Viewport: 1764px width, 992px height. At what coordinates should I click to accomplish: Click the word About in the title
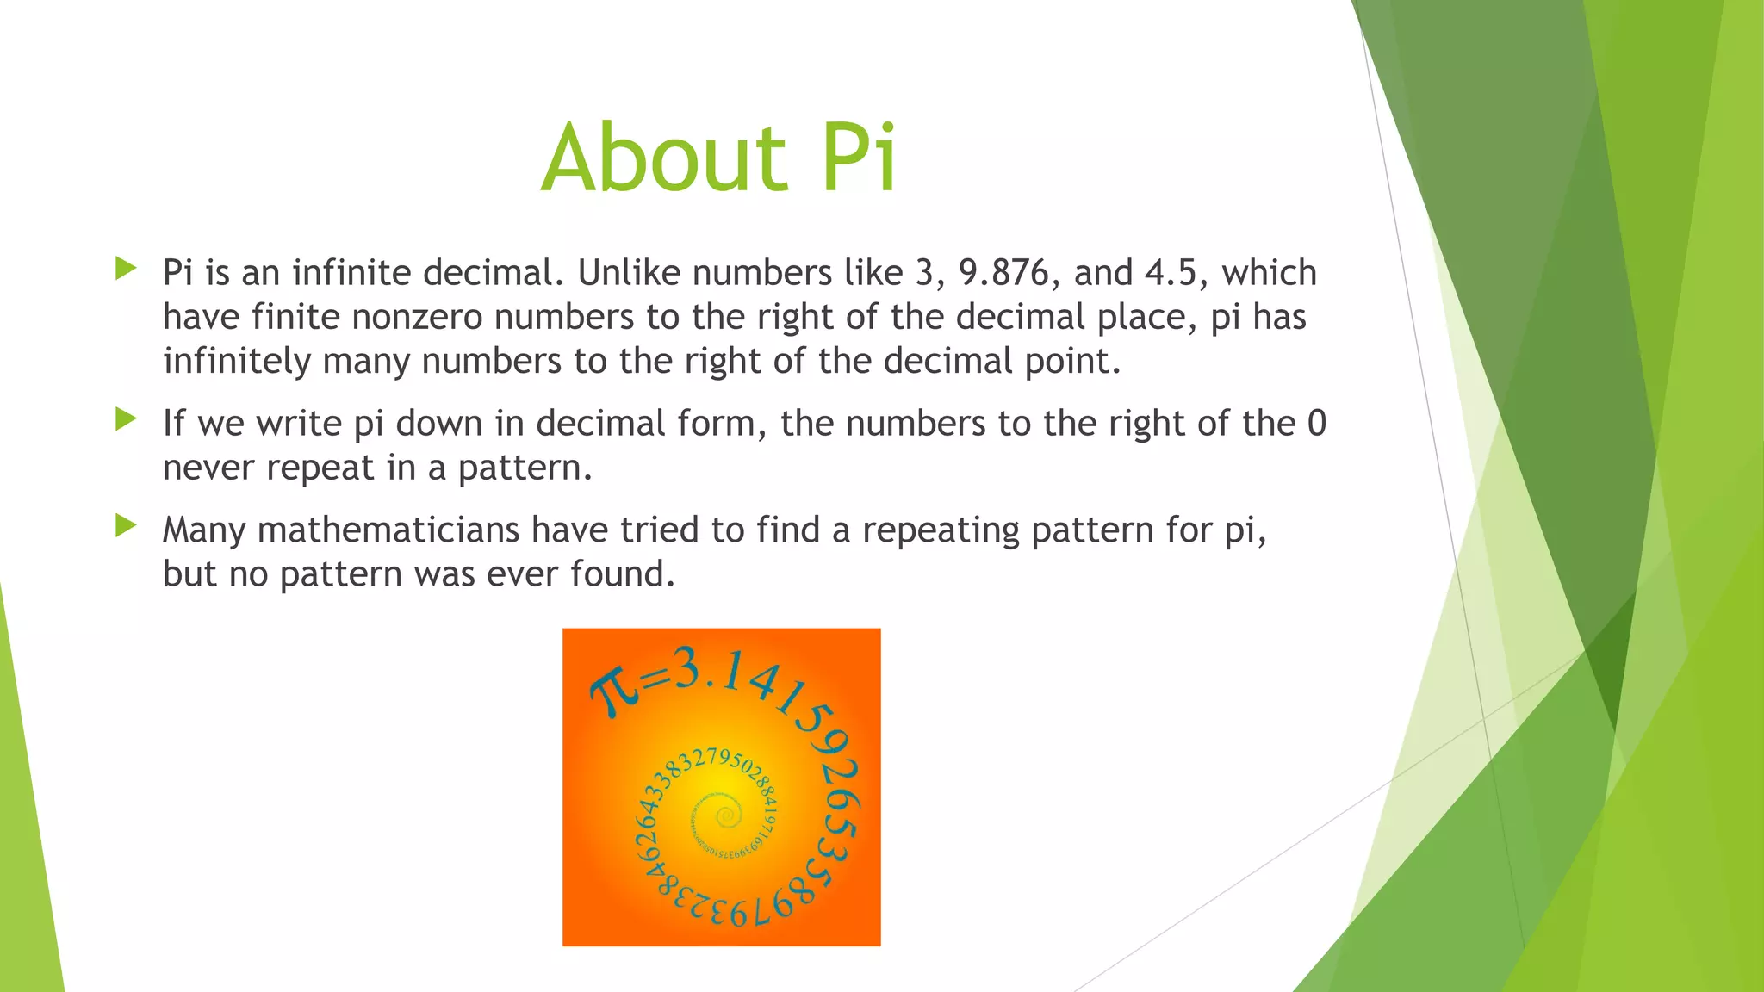pos(663,158)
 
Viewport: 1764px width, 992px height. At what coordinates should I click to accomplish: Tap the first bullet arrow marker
pos(126,269)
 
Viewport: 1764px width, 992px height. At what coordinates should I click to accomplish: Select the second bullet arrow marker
pos(126,419)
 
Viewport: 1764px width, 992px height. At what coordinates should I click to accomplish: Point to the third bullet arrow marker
pos(126,525)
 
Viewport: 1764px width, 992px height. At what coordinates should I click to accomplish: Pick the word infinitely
pos(236,362)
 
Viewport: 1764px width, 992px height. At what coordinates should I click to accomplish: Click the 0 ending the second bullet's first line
pos(1317,424)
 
